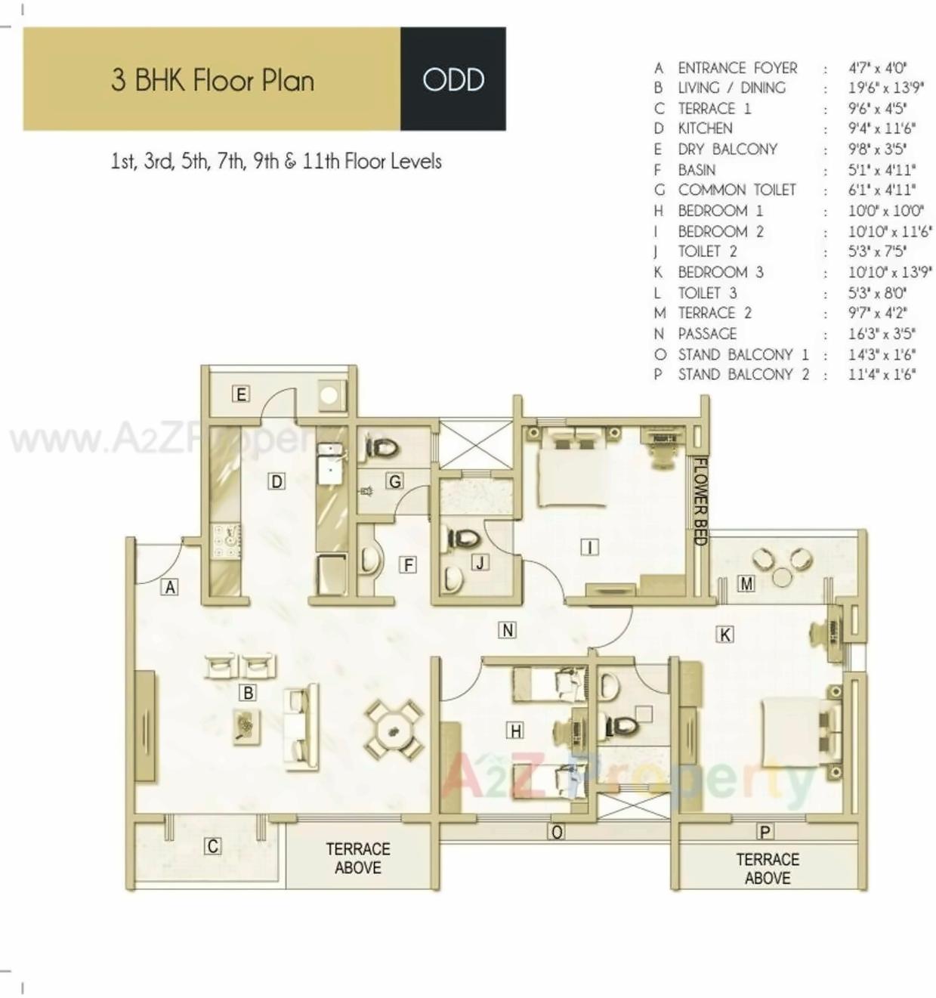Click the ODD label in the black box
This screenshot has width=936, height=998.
pos(453,79)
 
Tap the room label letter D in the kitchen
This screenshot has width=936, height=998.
pos(276,481)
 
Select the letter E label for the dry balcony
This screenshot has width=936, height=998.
pos(241,394)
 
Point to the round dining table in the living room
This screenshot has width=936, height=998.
pos(393,730)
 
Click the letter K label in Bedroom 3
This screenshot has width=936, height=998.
pos(724,635)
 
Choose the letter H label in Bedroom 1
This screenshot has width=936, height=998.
pos(515,731)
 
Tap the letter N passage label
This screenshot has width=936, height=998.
pos(507,630)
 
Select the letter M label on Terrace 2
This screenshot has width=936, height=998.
pos(746,583)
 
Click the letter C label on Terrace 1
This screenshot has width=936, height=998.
pos(213,846)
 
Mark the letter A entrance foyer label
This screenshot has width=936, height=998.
pos(170,587)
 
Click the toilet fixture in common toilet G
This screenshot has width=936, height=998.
pos(383,449)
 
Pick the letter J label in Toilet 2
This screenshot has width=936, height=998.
pos(480,562)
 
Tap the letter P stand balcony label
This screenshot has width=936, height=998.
pos(765,832)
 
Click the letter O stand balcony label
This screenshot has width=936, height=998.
pos(557,832)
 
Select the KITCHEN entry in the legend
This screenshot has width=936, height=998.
pos(705,128)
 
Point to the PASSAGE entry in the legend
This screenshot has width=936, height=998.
pos(707,333)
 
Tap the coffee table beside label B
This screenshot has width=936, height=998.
pos(246,726)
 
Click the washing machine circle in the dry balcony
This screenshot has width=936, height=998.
pos(330,395)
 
